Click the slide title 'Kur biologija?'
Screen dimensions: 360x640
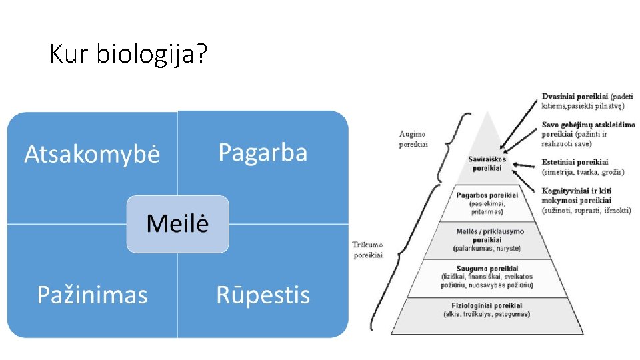[x=128, y=54]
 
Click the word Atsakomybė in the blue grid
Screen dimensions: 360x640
[x=92, y=155]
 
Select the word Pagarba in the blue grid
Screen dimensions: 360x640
[x=263, y=153]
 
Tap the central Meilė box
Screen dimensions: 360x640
[x=177, y=223]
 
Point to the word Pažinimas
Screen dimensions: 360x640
[x=92, y=295]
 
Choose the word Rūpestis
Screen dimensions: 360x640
[x=263, y=295]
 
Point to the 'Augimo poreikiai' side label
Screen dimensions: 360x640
[x=413, y=139]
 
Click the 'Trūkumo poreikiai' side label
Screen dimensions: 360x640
[x=367, y=249]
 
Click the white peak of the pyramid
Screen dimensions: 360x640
[x=487, y=133]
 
